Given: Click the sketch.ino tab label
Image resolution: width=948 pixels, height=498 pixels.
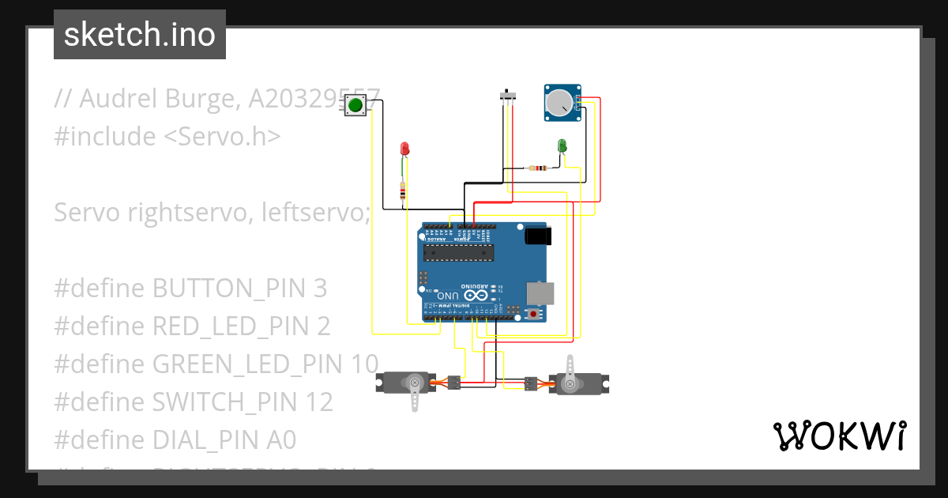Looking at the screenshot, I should pyautogui.click(x=139, y=35).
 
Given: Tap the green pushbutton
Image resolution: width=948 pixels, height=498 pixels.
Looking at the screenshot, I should pyautogui.click(x=355, y=105).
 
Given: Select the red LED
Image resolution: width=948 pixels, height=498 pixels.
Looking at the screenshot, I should pyautogui.click(x=404, y=149).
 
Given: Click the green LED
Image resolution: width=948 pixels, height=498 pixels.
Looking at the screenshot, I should pyautogui.click(x=562, y=145).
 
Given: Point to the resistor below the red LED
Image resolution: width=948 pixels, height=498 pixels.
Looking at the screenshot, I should pyautogui.click(x=404, y=191).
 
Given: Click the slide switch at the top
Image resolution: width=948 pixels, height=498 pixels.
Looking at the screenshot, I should pyautogui.click(x=510, y=96).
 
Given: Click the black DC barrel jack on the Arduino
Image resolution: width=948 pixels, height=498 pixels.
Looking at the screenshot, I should pyautogui.click(x=538, y=236).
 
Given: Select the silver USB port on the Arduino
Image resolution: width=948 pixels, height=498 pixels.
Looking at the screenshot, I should pyautogui.click(x=540, y=292).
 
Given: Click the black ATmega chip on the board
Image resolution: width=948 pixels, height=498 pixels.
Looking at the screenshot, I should pyautogui.click(x=458, y=252).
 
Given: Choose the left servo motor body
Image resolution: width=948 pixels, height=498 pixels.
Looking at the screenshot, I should pyautogui.click(x=406, y=383).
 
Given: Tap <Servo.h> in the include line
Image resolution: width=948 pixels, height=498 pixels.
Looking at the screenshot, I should pyautogui.click(x=222, y=137).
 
